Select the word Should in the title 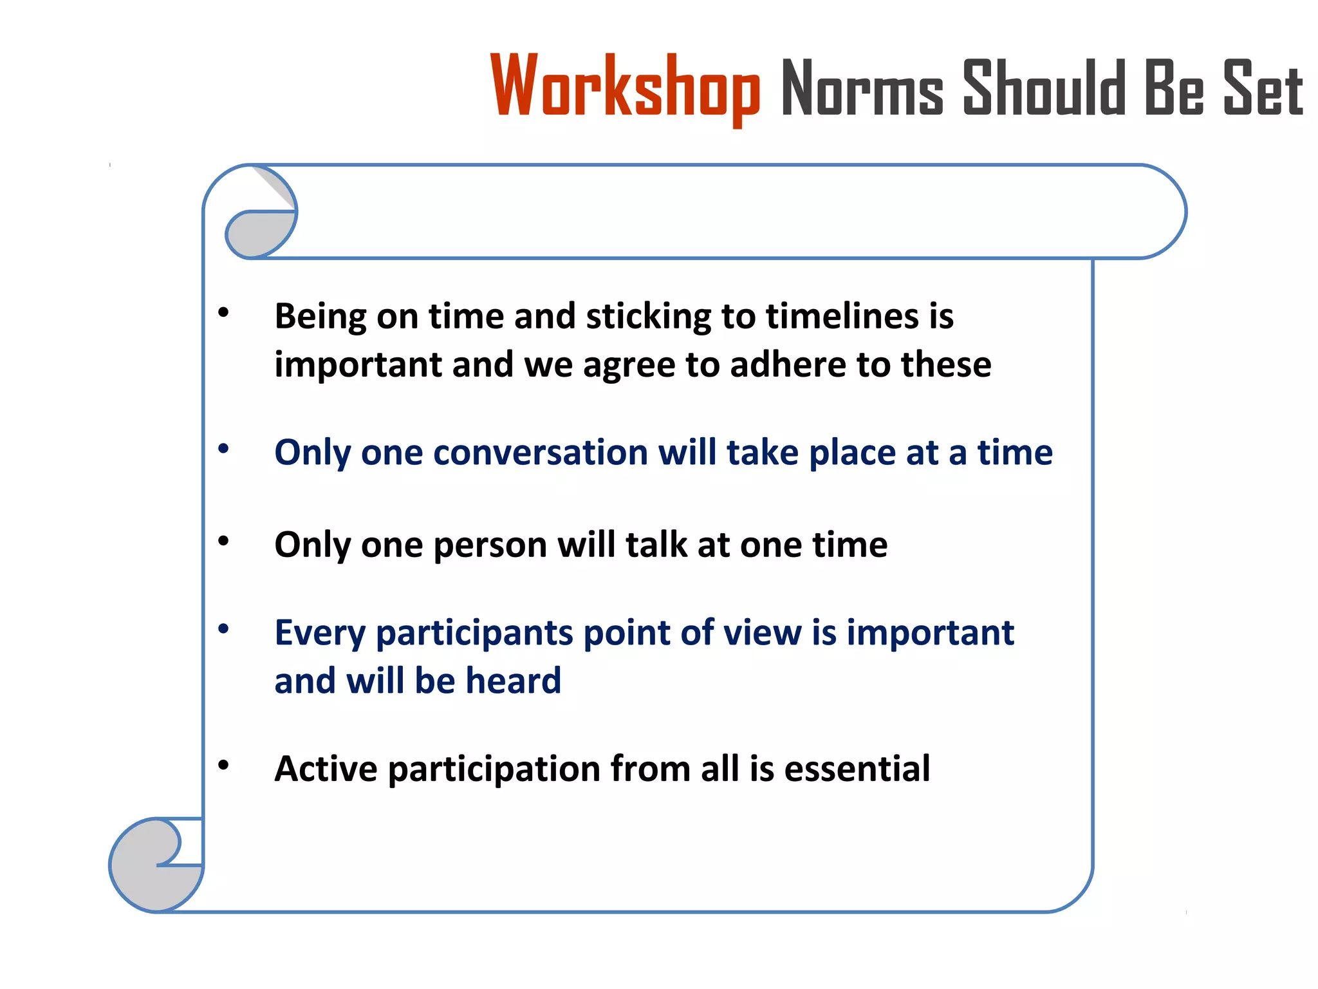tap(1043, 89)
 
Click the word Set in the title tap(1263, 89)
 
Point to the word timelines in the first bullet tap(842, 316)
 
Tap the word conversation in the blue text tap(540, 452)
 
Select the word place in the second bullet tap(851, 453)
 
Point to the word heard tap(513, 681)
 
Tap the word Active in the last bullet tap(326, 768)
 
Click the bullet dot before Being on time tap(223, 314)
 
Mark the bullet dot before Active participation tap(223, 766)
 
